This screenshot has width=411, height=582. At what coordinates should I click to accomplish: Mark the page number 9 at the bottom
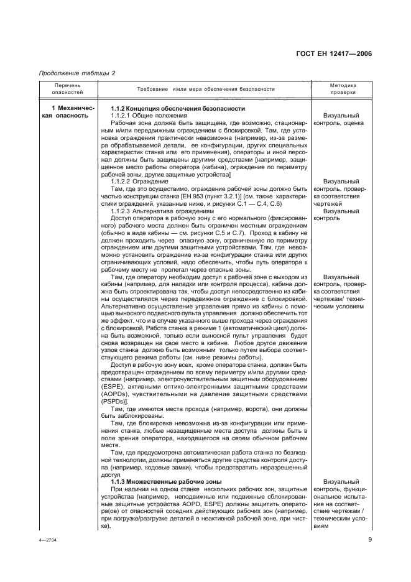point(369,539)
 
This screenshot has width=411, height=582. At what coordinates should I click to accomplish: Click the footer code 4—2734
point(47,540)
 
